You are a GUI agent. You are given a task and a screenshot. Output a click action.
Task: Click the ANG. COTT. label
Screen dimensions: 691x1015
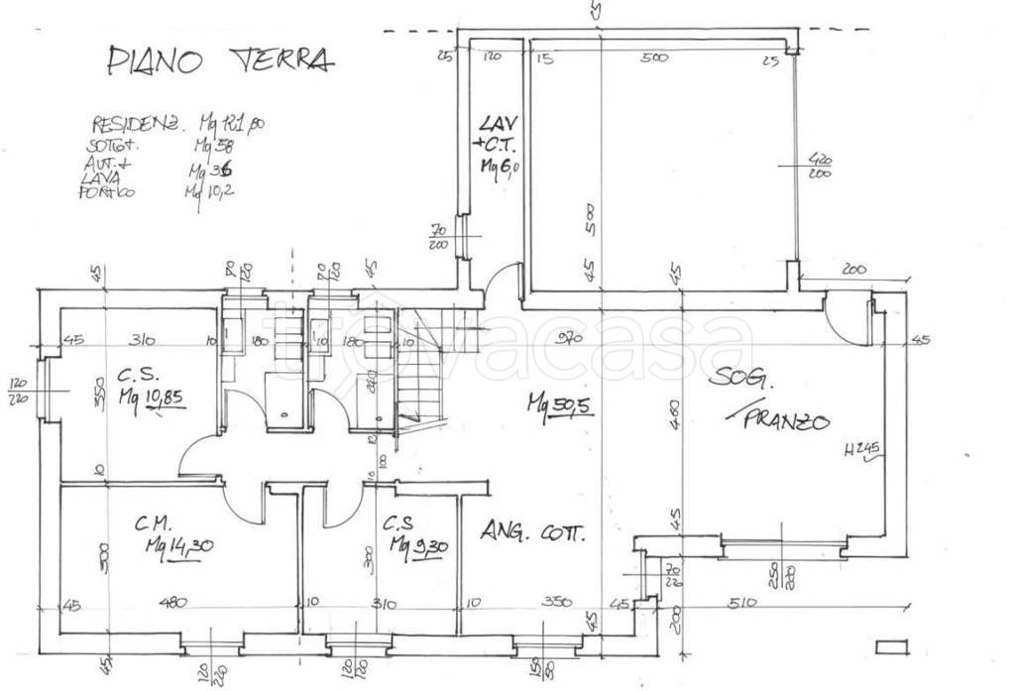coord(533,533)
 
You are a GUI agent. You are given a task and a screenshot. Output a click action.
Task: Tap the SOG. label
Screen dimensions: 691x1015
coord(739,378)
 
